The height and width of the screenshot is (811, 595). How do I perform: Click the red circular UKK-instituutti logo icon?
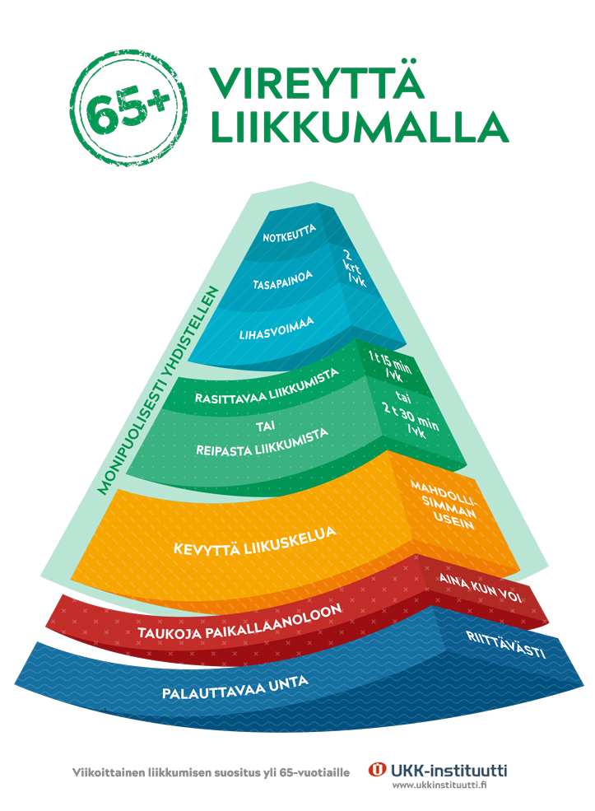(378, 770)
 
